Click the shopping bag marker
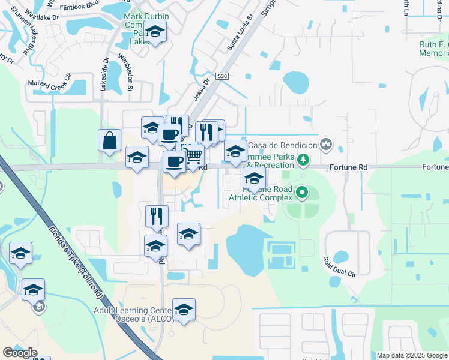[110, 141]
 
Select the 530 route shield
[223, 76]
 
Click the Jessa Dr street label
[201, 89]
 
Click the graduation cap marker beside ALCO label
[184, 310]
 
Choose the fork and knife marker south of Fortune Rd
[157, 216]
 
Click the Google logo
[20, 353]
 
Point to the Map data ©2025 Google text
[412, 355]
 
